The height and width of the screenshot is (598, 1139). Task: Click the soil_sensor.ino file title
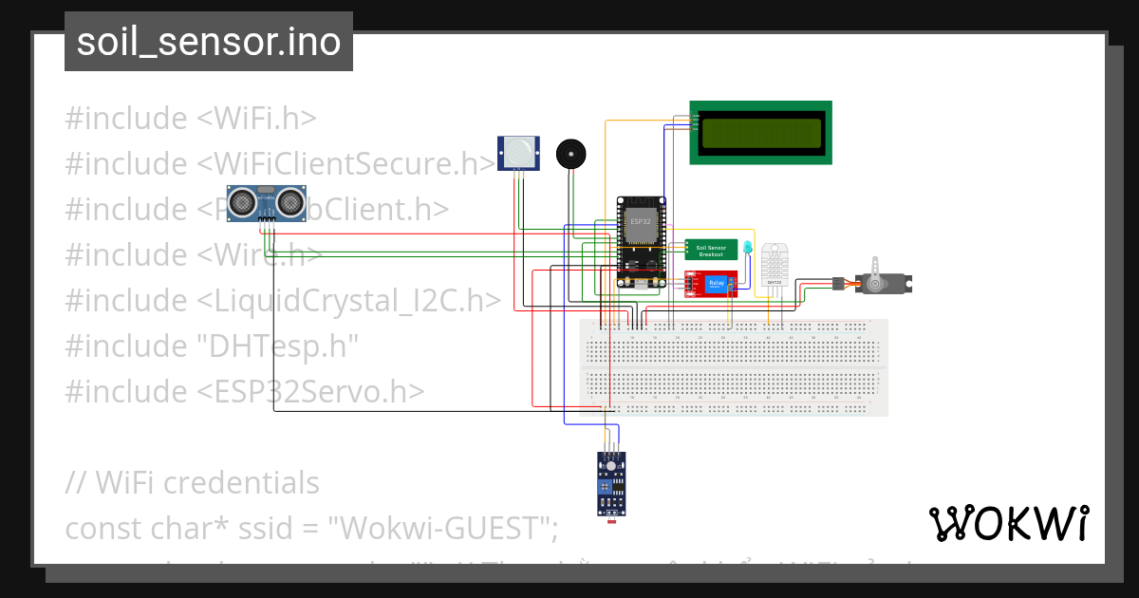(x=209, y=42)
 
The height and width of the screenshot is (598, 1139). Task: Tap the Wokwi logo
(x=1008, y=523)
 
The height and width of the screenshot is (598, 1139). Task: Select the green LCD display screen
(x=760, y=133)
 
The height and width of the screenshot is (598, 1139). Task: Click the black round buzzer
(x=570, y=153)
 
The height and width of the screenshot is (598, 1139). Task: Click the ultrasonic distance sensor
(x=265, y=202)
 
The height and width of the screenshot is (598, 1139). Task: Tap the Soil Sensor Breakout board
(x=711, y=250)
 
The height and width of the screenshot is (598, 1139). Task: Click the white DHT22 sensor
(x=775, y=262)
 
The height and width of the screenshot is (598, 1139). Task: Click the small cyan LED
(x=748, y=248)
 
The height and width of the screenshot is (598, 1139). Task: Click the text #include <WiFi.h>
(x=190, y=119)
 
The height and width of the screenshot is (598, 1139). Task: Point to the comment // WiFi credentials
(x=192, y=482)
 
